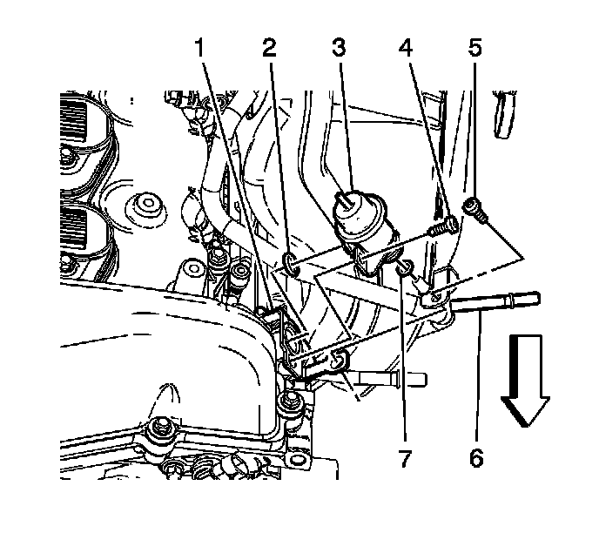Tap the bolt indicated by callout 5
[x=472, y=207]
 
